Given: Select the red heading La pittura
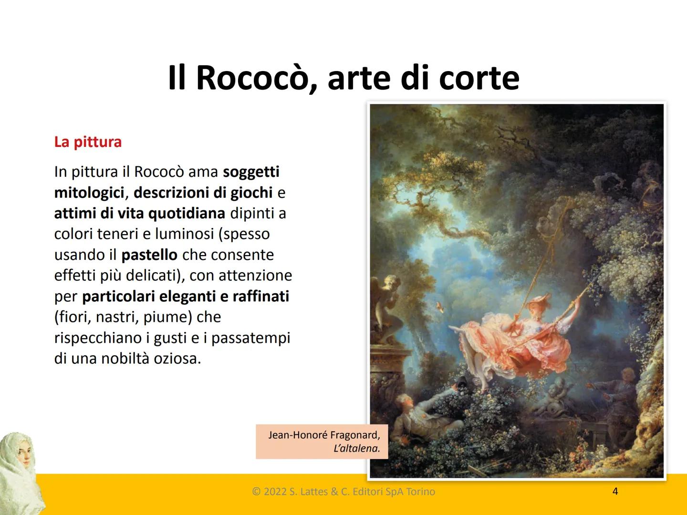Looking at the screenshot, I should pos(88,142).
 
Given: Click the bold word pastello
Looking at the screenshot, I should pos(149,255).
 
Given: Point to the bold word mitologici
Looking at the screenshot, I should pos(89,193).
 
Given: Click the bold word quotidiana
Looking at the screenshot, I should pos(187,213).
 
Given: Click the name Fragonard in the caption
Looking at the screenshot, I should pos(355,435).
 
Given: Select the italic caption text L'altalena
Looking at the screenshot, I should pos(357,448).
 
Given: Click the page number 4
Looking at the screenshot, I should pos(615,491).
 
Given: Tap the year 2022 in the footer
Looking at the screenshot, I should pos(275,492).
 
